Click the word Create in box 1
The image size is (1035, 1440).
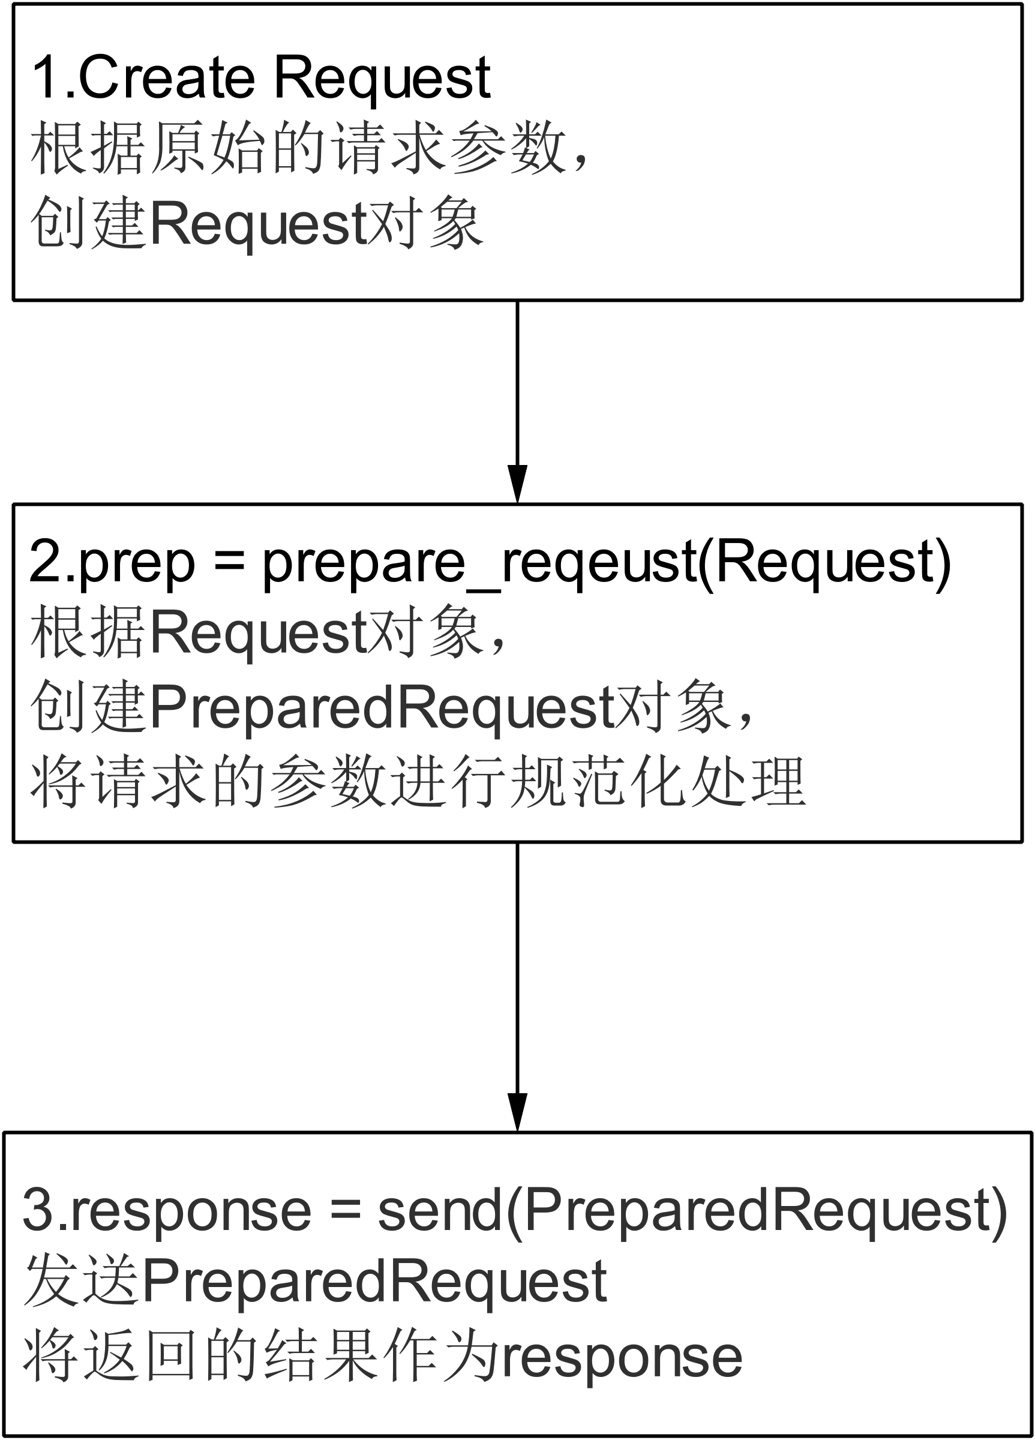click(x=166, y=78)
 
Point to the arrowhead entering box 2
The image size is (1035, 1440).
click(x=517, y=484)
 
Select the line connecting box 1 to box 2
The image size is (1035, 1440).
click(x=517, y=381)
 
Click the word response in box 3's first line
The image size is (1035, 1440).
click(x=190, y=1213)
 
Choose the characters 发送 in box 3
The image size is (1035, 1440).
click(x=81, y=1283)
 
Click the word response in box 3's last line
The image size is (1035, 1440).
click(x=622, y=1360)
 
